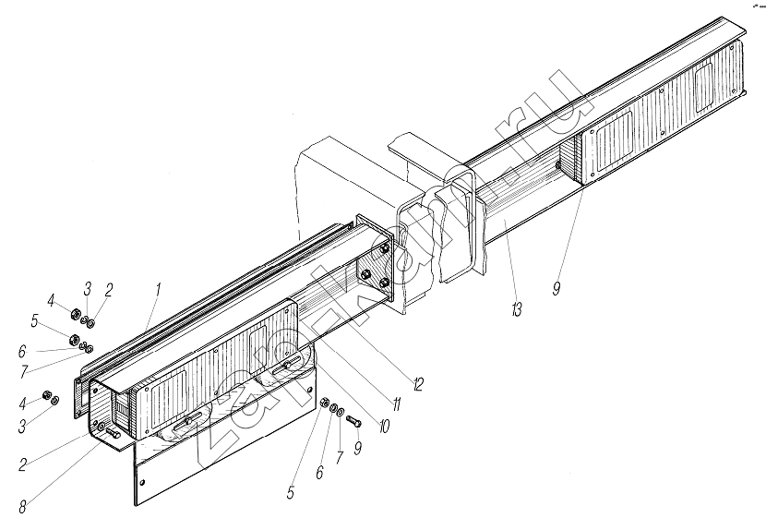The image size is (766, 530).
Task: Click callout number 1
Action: click(158, 290)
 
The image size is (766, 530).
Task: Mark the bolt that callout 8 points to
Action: click(113, 431)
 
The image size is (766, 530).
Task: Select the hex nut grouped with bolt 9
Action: click(326, 405)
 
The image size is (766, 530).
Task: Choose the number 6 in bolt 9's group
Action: click(319, 473)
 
